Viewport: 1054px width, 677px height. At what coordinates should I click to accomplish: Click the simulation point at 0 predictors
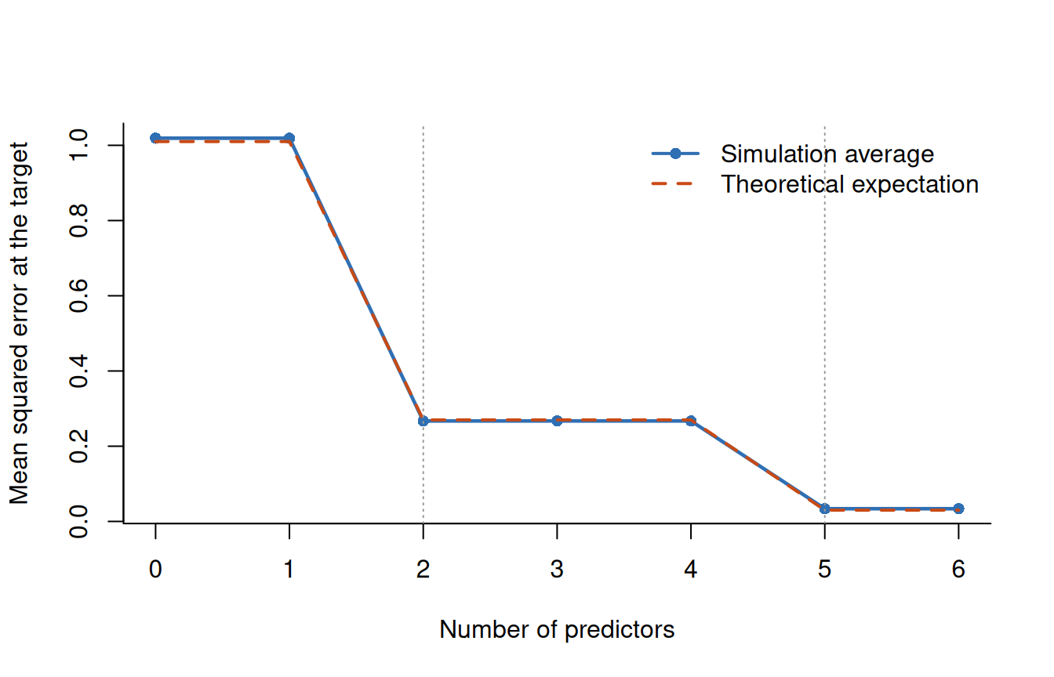(155, 138)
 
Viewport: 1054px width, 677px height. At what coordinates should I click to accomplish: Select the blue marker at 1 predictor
(289, 138)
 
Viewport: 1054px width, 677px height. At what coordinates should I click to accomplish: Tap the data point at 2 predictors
(423, 421)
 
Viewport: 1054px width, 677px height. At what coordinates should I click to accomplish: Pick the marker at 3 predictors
(557, 421)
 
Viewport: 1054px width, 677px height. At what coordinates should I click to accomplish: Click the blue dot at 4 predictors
(691, 421)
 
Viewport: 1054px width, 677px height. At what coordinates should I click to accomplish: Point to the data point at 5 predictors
(825, 509)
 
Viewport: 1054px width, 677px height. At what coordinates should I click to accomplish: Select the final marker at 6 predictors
(958, 509)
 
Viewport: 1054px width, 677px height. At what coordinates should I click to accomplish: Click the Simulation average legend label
(827, 154)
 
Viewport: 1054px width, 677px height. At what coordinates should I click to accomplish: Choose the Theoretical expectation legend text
(850, 184)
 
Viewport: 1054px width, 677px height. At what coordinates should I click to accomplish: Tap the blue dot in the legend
(675, 154)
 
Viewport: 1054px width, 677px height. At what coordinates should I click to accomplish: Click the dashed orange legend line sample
(672, 184)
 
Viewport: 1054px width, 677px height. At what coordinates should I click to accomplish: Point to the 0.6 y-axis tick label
(78, 295)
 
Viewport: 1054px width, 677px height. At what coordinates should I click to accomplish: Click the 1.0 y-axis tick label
(78, 145)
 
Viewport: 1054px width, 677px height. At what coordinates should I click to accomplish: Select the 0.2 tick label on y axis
(78, 446)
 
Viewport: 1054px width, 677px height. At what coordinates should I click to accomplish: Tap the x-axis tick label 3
(557, 570)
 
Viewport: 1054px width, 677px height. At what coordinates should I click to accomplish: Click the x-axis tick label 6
(958, 570)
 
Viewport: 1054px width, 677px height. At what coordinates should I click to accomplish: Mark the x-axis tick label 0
(155, 570)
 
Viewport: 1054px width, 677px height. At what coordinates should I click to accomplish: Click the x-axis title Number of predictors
(557, 630)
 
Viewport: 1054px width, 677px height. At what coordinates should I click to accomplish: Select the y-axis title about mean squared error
(20, 324)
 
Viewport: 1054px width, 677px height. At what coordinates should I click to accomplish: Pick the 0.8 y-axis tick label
(78, 220)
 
